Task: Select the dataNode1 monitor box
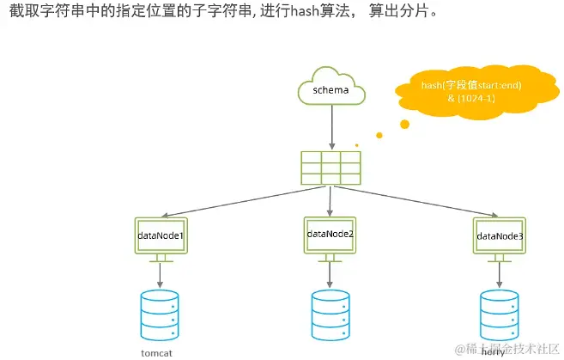pyautogui.click(x=161, y=235)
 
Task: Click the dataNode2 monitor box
pyautogui.click(x=331, y=233)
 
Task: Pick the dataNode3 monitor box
pyautogui.click(x=500, y=235)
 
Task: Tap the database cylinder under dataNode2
pyautogui.click(x=331, y=313)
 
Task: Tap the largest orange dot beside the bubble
pyautogui.click(x=404, y=125)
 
